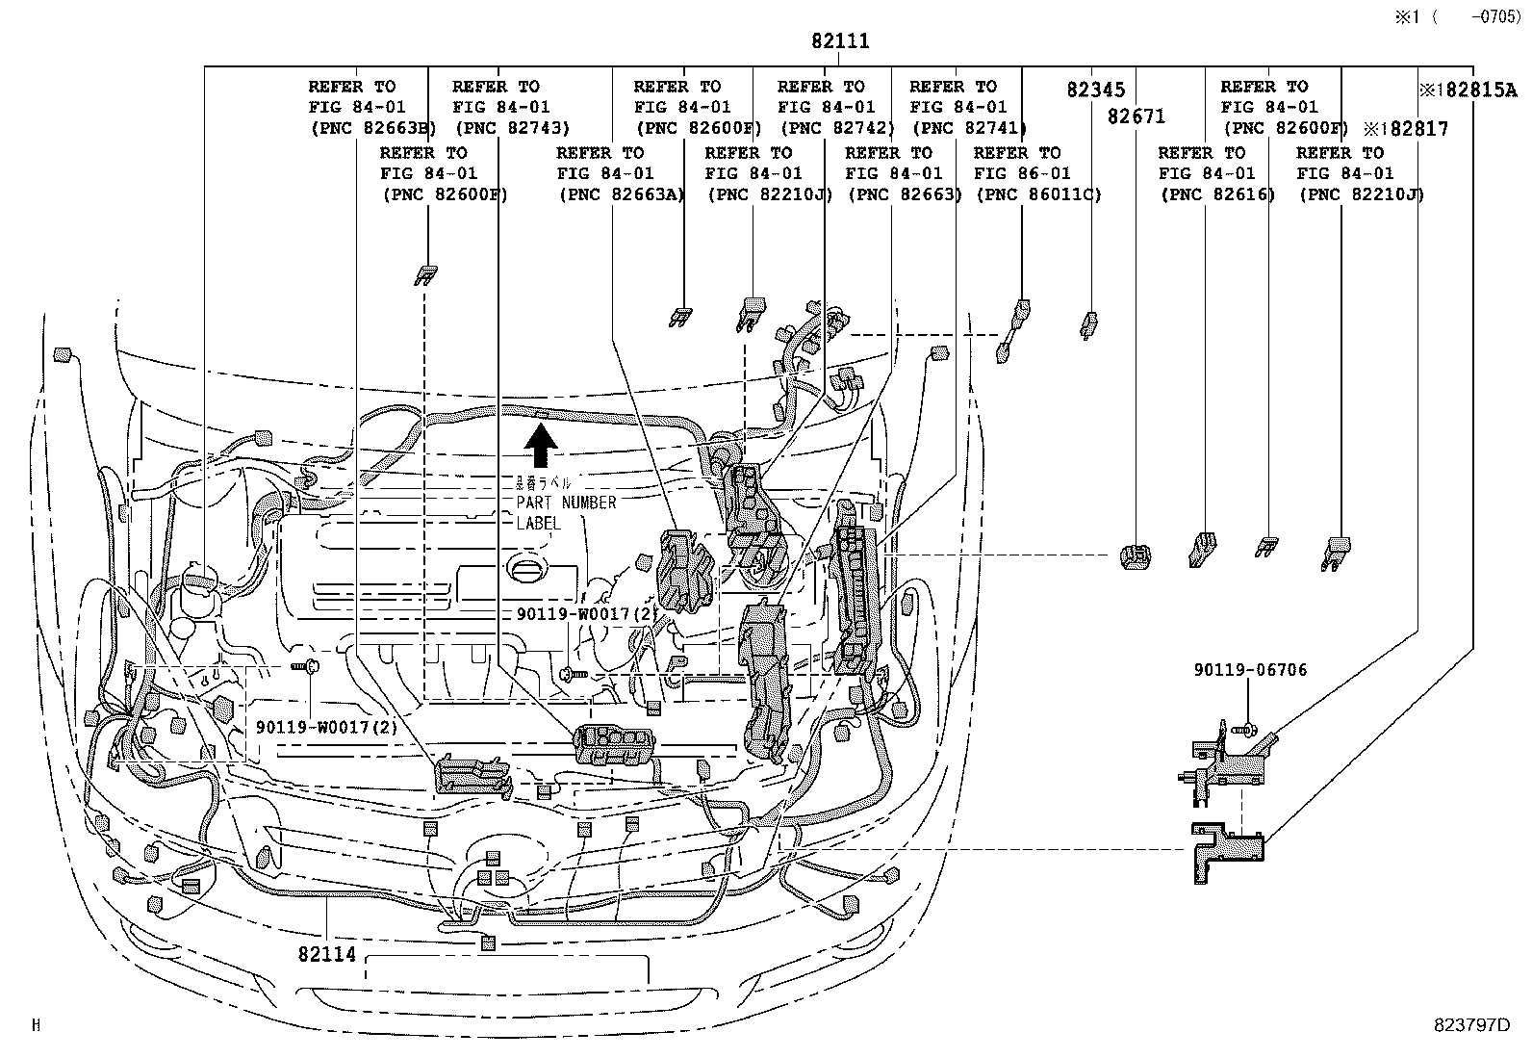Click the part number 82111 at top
(x=839, y=41)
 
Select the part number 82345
(x=1095, y=90)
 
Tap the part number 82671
(x=1136, y=116)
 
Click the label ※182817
(x=1405, y=129)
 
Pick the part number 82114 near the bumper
(x=327, y=954)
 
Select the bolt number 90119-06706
(x=1250, y=670)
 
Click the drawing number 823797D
(x=1468, y=1025)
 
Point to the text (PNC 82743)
(x=512, y=128)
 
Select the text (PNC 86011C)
(x=1038, y=194)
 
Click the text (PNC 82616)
(x=1216, y=194)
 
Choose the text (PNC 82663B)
(x=371, y=128)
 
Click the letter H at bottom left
(x=36, y=1025)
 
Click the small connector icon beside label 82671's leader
(x=1136, y=556)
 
